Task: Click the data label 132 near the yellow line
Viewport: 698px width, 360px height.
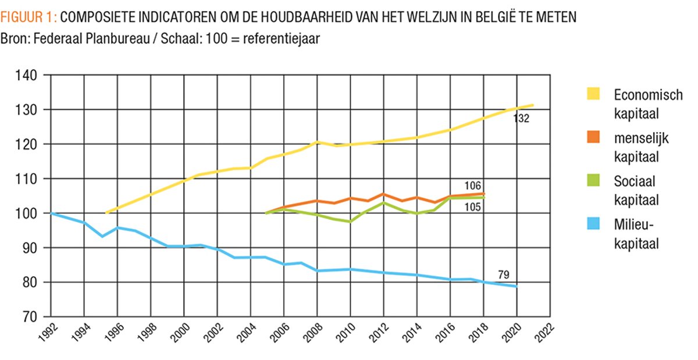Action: (x=521, y=119)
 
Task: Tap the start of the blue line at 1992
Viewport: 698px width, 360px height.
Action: (x=51, y=213)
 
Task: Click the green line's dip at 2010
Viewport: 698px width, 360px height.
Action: (x=350, y=222)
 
